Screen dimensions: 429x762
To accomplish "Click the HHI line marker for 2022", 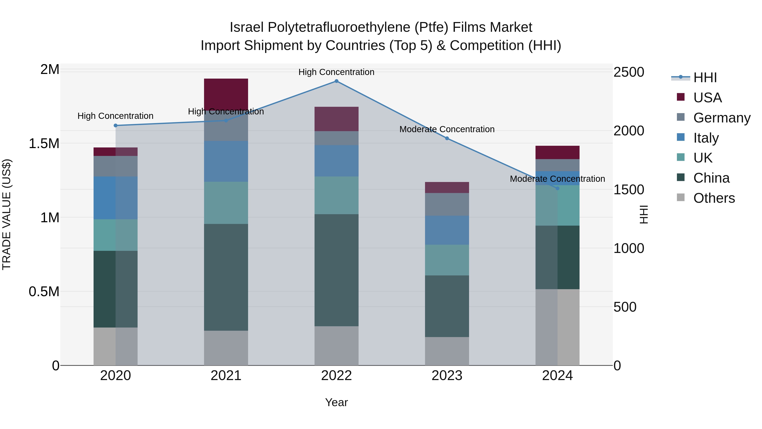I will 336,81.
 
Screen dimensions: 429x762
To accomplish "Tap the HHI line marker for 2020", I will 116,126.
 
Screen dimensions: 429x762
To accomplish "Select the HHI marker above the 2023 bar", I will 447,138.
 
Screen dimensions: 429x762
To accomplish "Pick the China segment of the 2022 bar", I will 336,270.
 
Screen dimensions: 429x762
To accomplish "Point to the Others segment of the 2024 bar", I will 557,327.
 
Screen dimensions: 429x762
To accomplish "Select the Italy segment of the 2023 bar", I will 447,230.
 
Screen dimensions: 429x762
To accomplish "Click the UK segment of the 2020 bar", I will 116,235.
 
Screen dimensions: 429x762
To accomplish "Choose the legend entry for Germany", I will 722,118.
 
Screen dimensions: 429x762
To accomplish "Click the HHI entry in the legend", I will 705,78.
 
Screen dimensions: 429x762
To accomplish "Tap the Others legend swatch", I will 681,197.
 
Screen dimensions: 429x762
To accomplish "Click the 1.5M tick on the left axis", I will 44,144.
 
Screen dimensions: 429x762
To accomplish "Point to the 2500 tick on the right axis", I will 629,72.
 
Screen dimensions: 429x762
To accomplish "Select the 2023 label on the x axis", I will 447,376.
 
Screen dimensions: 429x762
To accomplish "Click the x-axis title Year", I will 336,402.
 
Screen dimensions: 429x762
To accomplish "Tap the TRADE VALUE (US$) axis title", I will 7,214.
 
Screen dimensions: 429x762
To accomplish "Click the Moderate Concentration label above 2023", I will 447,129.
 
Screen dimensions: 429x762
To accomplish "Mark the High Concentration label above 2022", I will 336,72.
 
